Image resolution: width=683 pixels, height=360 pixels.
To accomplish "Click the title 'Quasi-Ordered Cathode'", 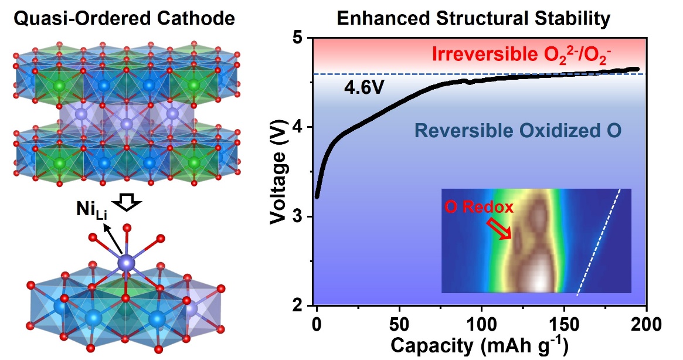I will (x=124, y=19).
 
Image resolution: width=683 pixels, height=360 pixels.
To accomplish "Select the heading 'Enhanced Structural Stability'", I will (x=474, y=19).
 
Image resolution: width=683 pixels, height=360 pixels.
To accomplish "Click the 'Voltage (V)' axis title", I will (x=281, y=172).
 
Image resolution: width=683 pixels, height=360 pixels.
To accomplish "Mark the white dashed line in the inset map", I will (x=599, y=241).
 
